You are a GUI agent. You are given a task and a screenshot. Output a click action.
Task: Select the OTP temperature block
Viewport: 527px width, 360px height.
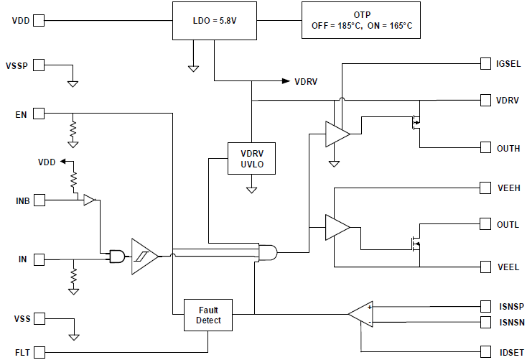pyautogui.click(x=361, y=20)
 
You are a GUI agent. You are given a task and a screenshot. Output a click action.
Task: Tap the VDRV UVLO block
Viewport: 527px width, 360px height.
pyautogui.click(x=251, y=157)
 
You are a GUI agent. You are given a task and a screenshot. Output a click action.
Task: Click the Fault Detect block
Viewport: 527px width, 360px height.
pyautogui.click(x=208, y=315)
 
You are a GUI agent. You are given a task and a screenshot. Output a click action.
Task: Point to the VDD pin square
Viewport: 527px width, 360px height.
pyautogui.click(x=39, y=20)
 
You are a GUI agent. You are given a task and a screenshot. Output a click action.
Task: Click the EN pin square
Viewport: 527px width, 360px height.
pyautogui.click(x=39, y=114)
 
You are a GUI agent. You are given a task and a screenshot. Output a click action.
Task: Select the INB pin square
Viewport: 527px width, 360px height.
pyautogui.click(x=39, y=199)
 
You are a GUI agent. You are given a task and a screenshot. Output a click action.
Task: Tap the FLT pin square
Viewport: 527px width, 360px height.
pyautogui.click(x=39, y=351)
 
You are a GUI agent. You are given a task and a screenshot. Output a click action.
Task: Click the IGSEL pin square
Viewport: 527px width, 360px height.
pyautogui.click(x=485, y=64)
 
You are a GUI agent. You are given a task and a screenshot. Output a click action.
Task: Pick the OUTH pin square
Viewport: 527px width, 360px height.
pyautogui.click(x=485, y=148)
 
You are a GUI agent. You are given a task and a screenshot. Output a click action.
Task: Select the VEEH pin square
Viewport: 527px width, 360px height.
pyautogui.click(x=485, y=188)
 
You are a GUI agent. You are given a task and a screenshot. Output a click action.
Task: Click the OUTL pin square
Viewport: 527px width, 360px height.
pyautogui.click(x=485, y=224)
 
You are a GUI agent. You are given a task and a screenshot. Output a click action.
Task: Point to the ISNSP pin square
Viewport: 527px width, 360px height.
pyautogui.click(x=485, y=306)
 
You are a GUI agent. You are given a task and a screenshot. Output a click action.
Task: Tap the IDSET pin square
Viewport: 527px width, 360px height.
pyautogui.click(x=485, y=351)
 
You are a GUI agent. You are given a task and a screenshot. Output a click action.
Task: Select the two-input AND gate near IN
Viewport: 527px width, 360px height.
pyautogui.click(x=115, y=256)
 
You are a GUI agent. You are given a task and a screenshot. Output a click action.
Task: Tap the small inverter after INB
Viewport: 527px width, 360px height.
pyautogui.click(x=89, y=200)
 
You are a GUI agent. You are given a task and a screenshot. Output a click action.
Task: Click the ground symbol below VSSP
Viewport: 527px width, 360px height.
pyautogui.click(x=73, y=83)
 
